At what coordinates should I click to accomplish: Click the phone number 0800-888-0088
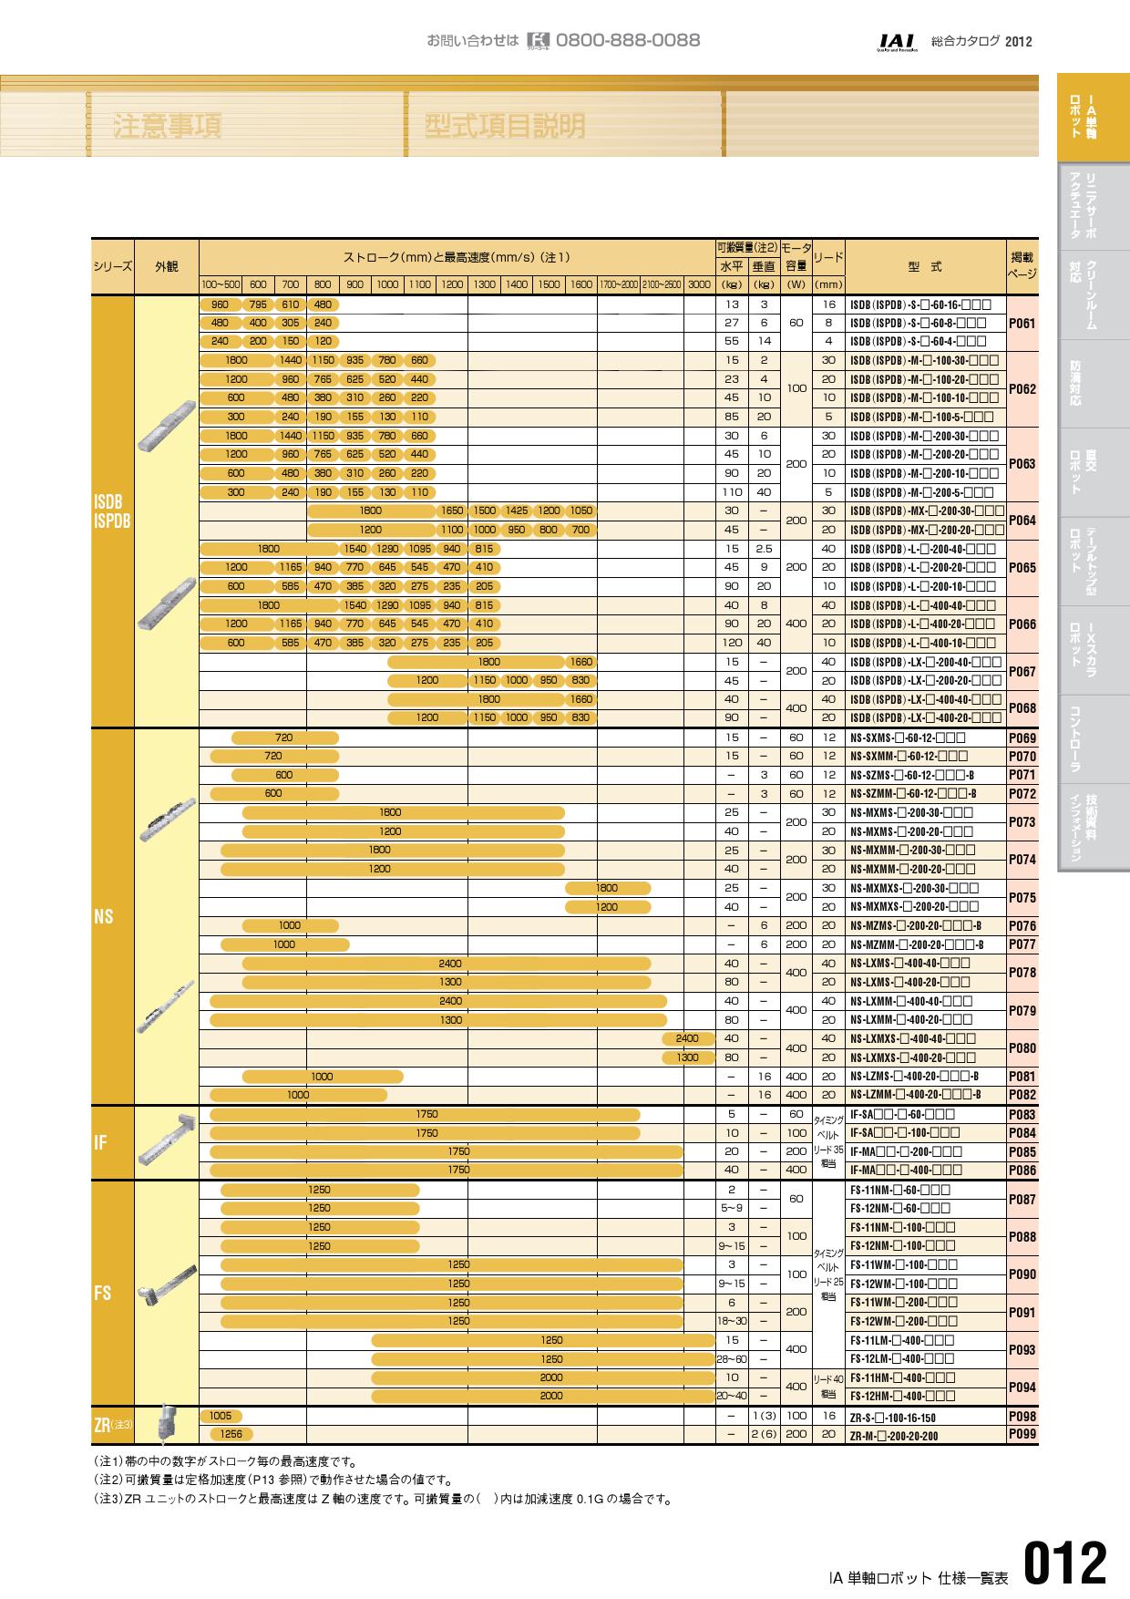coord(627,40)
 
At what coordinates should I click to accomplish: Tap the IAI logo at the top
coord(898,42)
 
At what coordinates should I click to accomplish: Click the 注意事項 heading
coord(168,127)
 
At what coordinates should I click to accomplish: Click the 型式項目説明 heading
coord(505,127)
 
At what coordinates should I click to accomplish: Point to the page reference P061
coord(1022,323)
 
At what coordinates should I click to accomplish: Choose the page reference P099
coord(1022,1434)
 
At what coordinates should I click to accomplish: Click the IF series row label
coord(100,1142)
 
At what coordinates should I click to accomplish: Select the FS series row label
coord(102,1294)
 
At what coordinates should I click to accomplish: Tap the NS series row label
coord(103,916)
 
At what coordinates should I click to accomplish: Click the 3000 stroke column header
coord(699,284)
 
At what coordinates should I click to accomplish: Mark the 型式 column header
coord(925,267)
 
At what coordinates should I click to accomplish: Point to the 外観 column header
coord(166,266)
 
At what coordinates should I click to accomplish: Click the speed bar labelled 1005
coord(220,1416)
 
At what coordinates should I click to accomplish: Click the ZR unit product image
coord(167,1422)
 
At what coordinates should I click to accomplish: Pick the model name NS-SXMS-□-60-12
coord(907,738)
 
